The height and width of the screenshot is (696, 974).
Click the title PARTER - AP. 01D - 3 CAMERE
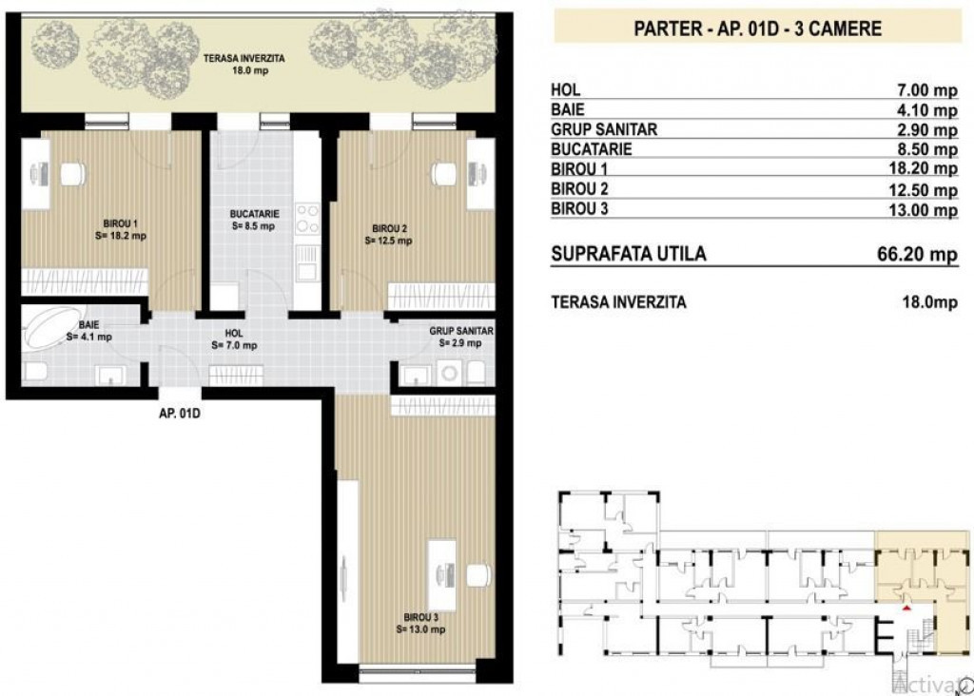click(757, 28)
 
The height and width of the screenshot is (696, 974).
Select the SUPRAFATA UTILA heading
click(629, 255)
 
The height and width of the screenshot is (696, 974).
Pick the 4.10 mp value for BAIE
click(929, 110)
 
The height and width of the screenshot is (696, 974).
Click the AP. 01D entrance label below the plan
click(182, 414)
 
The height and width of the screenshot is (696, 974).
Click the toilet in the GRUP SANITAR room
click(477, 371)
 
